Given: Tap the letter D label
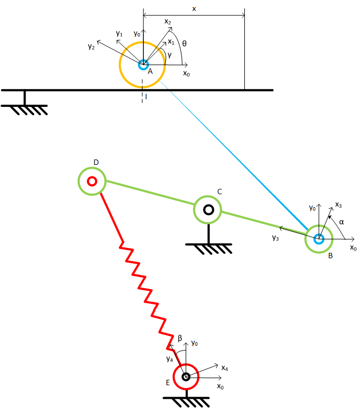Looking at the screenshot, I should click(x=96, y=163).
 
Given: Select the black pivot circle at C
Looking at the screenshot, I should click(x=209, y=209).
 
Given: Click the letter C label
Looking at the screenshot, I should click(x=219, y=192).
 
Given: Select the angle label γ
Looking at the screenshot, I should click(x=170, y=55).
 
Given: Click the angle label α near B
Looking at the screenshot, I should click(x=341, y=222).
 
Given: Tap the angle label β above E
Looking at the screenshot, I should click(x=180, y=338).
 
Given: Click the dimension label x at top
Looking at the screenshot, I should click(x=194, y=9).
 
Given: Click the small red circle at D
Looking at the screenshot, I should click(x=92, y=181).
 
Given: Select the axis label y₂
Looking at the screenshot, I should click(x=91, y=47).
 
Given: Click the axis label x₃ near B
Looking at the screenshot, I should click(x=338, y=205).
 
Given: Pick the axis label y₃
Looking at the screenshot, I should click(x=275, y=237).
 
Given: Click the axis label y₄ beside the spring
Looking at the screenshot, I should click(x=170, y=358).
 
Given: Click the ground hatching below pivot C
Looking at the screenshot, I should click(x=209, y=249).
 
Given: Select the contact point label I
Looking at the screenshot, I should click(x=145, y=97).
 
